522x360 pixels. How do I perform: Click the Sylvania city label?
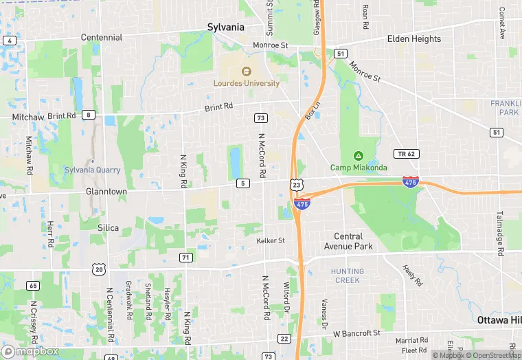click(x=225, y=27)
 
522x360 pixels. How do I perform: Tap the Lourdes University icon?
click(x=245, y=71)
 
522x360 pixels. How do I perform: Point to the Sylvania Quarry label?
click(x=93, y=170)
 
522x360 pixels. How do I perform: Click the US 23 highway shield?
click(x=296, y=185)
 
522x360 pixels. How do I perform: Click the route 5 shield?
click(x=242, y=183)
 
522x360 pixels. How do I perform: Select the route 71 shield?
click(x=185, y=257)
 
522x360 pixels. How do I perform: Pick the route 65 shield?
click(x=33, y=285)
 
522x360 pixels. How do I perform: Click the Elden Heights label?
click(x=414, y=39)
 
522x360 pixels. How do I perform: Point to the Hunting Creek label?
click(x=348, y=275)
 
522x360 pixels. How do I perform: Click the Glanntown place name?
click(x=106, y=192)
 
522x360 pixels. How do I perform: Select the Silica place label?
click(x=108, y=228)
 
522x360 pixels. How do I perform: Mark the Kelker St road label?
click(x=271, y=241)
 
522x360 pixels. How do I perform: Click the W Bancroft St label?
click(x=356, y=333)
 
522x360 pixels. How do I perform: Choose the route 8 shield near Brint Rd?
click(x=89, y=115)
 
